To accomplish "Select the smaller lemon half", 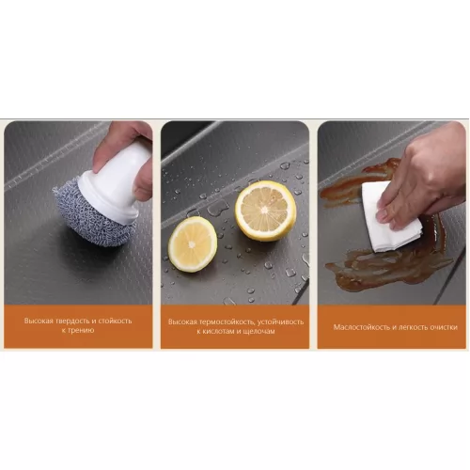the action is (x=193, y=244).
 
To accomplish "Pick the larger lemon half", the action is (x=266, y=211).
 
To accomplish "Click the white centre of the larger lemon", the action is (x=265, y=210).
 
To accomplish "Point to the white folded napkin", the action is (x=390, y=217).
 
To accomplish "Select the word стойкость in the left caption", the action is (x=115, y=321).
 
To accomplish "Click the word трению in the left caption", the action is (x=81, y=330).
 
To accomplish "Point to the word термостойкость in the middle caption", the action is (x=225, y=321).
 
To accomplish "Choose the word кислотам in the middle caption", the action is (x=219, y=331).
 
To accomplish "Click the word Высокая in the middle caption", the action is (x=181, y=322).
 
